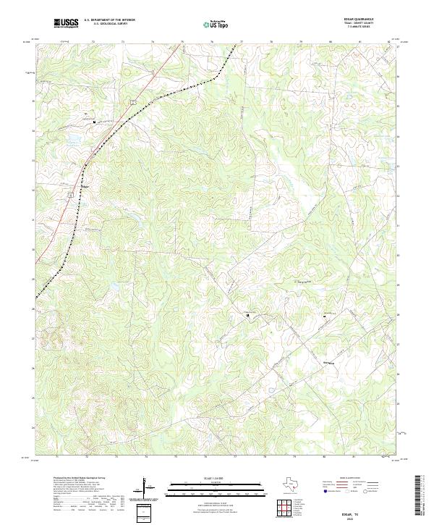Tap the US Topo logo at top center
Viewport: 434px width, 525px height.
pyautogui.click(x=215, y=24)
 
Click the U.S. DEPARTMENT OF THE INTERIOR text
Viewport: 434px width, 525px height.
pyautogui.click(x=109, y=20)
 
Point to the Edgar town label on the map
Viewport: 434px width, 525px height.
pyautogui.click(x=85, y=186)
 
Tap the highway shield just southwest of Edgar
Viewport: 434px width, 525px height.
pyautogui.click(x=69, y=194)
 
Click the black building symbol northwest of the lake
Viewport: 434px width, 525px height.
pyautogui.click(x=93, y=122)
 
